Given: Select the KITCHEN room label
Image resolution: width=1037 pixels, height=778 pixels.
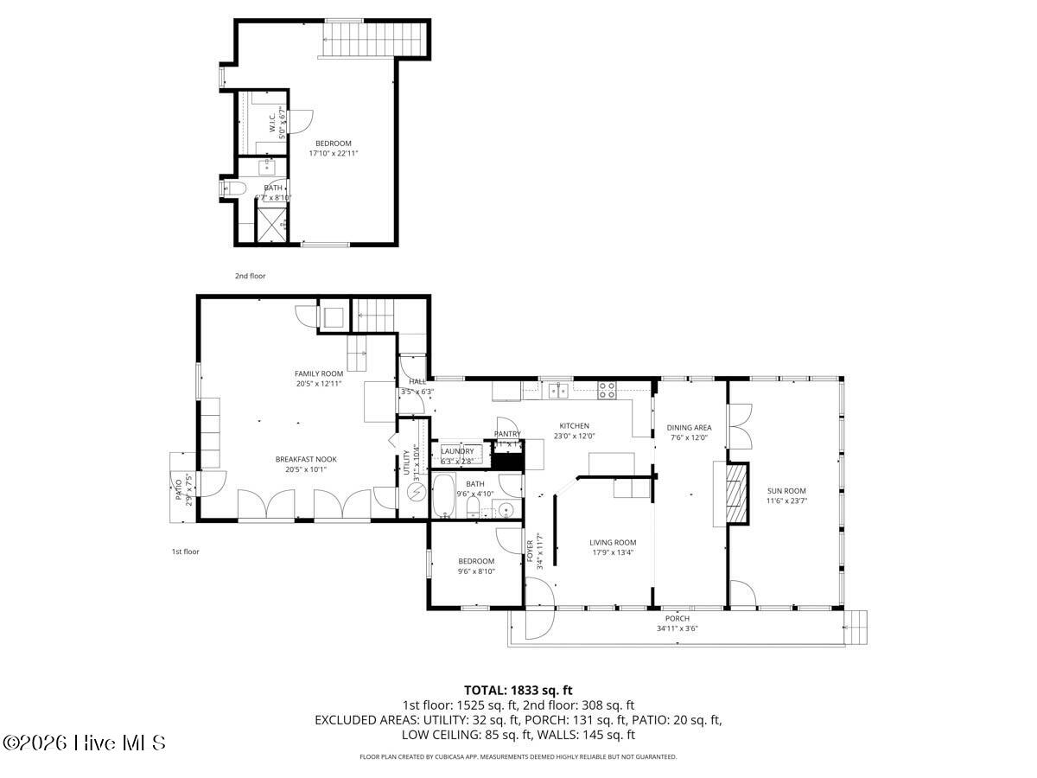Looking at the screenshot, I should pyautogui.click(x=574, y=425).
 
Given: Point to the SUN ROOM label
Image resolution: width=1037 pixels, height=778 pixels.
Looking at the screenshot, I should pyautogui.click(x=786, y=491).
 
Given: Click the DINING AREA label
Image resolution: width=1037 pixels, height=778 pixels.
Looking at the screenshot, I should pyautogui.click(x=689, y=427).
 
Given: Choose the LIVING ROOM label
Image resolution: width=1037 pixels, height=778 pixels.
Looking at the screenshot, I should pyautogui.click(x=613, y=543).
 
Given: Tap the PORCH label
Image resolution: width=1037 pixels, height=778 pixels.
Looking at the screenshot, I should pyautogui.click(x=677, y=618).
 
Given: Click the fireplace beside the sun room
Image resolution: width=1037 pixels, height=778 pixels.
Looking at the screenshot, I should pyautogui.click(x=734, y=494).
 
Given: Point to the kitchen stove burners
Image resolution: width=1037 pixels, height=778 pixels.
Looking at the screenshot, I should pyautogui.click(x=608, y=390).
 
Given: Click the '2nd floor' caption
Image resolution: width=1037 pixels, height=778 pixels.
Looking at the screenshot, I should pyautogui.click(x=250, y=276).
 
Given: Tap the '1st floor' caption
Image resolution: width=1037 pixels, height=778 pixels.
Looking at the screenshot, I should pyautogui.click(x=185, y=551).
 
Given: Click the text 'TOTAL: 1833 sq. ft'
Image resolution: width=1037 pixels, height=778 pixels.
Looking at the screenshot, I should pyautogui.click(x=518, y=690).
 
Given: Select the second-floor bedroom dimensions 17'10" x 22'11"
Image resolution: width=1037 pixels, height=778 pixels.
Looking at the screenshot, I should pyautogui.click(x=334, y=153).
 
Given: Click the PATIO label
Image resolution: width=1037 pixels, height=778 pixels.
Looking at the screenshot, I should pyautogui.click(x=179, y=489).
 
